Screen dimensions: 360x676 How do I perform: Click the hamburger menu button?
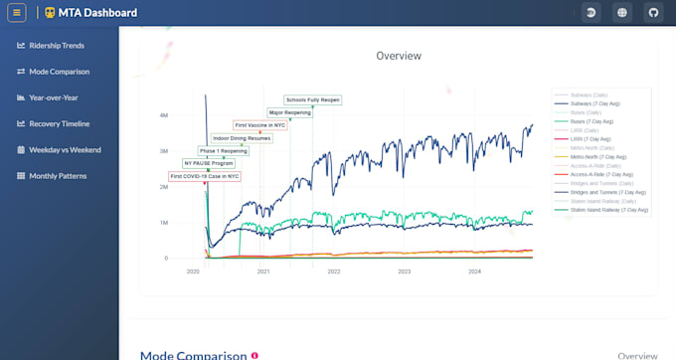17,13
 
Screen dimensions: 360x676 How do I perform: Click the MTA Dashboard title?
96,13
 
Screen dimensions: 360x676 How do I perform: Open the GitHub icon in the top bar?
653,13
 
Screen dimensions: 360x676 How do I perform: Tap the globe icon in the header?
621,13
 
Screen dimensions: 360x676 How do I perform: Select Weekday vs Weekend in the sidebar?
65,150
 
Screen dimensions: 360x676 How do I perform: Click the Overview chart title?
399,56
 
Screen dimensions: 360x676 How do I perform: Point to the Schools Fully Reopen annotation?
312,99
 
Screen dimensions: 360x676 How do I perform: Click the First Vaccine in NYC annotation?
259,125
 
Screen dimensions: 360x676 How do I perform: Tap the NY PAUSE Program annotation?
209,163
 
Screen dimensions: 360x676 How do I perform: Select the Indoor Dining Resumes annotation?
240,138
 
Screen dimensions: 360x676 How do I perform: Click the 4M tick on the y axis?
163,115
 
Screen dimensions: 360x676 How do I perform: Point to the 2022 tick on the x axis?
334,270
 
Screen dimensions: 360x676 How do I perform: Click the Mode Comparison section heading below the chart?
193,354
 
